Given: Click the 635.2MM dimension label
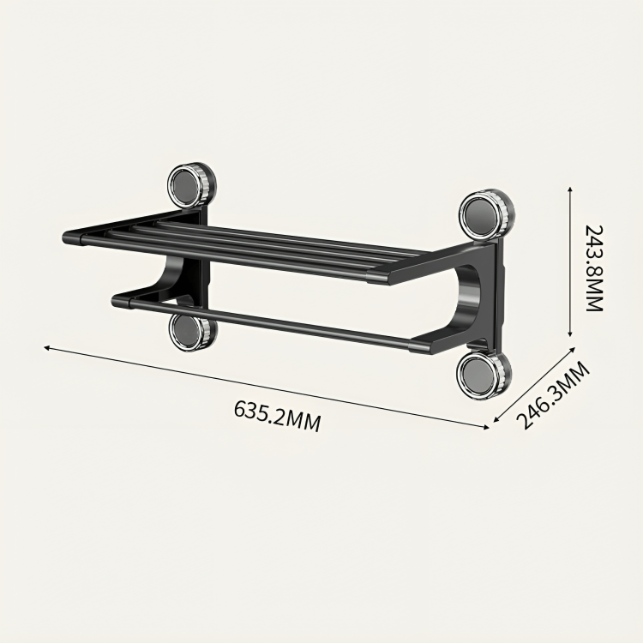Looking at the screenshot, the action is coord(277,416).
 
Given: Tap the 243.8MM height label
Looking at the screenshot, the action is coord(594,268).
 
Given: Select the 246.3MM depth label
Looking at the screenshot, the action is coord(553,394).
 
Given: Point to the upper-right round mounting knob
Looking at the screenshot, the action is coord(487,213).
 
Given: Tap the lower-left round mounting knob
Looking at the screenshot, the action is coord(192,329).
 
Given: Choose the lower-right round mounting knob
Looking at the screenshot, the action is coord(484,375).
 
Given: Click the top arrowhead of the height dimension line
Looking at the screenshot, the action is coord(569,189).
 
